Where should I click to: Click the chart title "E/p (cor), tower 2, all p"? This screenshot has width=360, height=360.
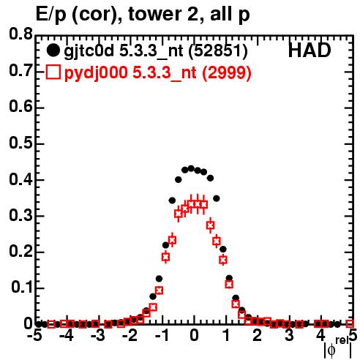pos(143,14)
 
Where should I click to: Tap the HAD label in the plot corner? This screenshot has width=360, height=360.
pos(310,50)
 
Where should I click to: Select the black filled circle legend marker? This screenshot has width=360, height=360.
pos(53,50)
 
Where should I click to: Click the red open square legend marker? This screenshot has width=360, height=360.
pos(53,72)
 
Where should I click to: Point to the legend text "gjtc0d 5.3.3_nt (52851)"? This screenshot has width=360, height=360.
pos(156,51)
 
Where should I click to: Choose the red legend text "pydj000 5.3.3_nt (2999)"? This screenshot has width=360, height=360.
pos(157,72)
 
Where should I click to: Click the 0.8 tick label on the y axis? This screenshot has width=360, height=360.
pos(21,34)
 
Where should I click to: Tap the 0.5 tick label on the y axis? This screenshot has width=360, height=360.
pos(21,143)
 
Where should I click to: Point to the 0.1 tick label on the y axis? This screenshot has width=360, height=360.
pos(21,288)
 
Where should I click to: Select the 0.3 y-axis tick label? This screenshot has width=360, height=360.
pos(21,216)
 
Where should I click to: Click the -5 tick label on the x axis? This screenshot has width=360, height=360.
pos(36,336)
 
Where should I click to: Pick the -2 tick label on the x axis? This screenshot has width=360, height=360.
pos(131,336)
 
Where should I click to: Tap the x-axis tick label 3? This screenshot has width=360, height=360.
pos(289,336)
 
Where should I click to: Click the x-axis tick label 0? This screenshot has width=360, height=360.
pos(194,336)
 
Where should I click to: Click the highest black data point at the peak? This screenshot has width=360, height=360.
pos(191,168)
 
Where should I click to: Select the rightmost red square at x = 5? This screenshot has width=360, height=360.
pos(350,323)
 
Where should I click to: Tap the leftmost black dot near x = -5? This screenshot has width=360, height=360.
pos(39,324)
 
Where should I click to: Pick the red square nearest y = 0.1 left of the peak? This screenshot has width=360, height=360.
pos(159,290)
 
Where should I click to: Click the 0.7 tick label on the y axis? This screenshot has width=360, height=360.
pos(21,71)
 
